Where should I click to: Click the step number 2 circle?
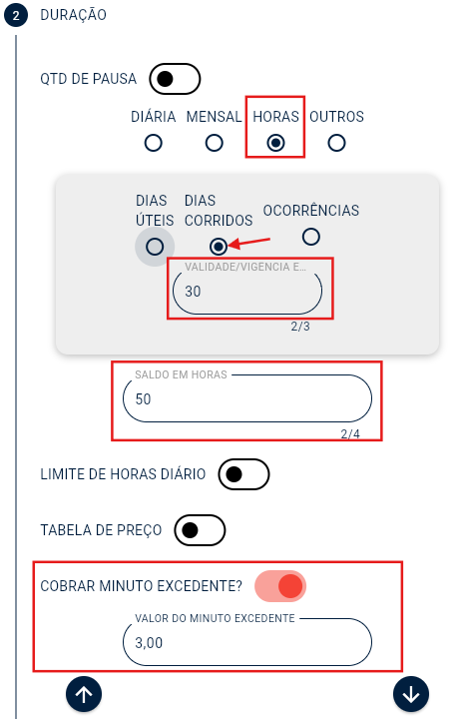(x=16, y=16)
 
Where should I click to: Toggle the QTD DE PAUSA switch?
(x=175, y=78)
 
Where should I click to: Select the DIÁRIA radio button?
(x=154, y=143)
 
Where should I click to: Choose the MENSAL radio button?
(x=215, y=143)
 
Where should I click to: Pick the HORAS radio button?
(x=275, y=143)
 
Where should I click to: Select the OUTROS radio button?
(x=336, y=143)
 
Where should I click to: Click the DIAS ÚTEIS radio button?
(x=155, y=247)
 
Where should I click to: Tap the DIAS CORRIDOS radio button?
(x=219, y=246)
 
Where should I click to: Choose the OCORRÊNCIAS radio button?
(x=311, y=237)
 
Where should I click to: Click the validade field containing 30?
(x=247, y=292)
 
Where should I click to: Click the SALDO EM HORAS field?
(x=247, y=398)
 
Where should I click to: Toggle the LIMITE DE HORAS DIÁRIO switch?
(x=244, y=474)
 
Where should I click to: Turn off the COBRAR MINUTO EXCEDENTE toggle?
(x=280, y=586)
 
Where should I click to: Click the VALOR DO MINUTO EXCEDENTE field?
(x=247, y=643)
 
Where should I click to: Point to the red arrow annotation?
(x=250, y=242)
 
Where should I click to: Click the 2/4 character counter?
(x=350, y=433)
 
